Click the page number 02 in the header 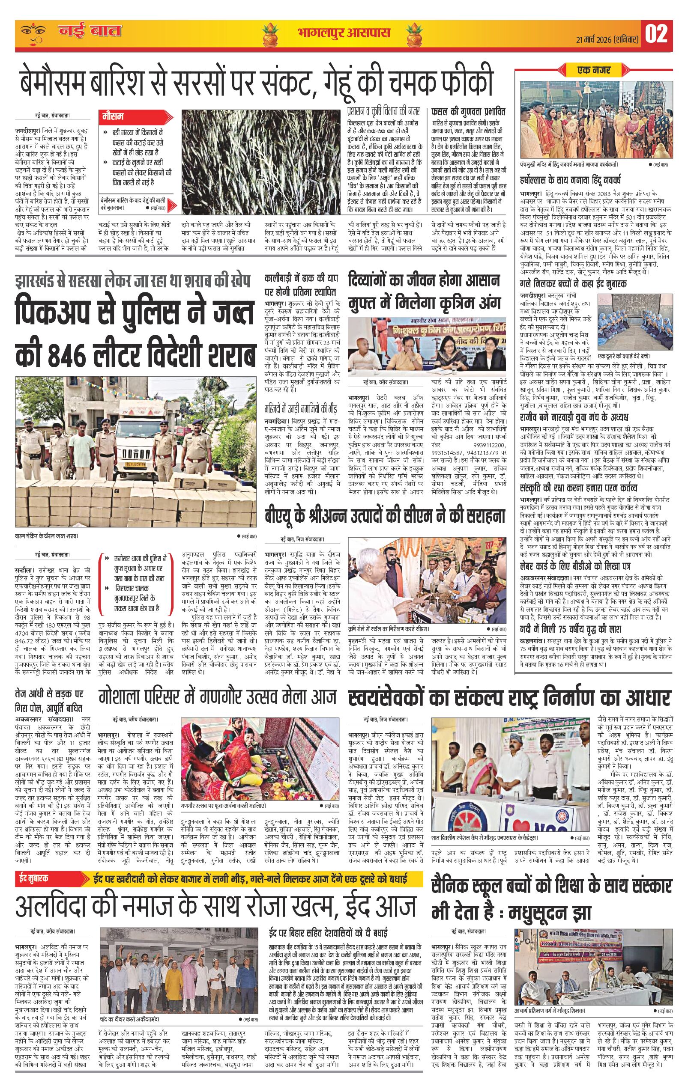(x=656, y=33)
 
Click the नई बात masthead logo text (x=90, y=32)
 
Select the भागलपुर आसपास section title (x=344, y=33)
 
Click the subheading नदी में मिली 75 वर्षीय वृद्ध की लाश (x=570, y=629)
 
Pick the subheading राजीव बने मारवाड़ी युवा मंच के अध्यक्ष (x=573, y=417)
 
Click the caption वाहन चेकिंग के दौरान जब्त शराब (x=47, y=536)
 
